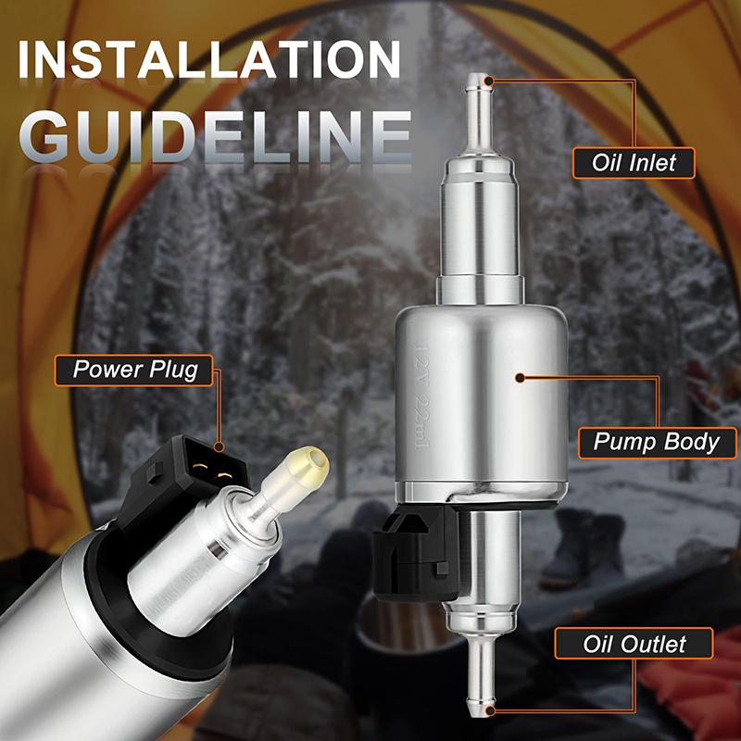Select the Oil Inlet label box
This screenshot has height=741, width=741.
point(634,163)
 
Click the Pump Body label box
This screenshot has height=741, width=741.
point(656,441)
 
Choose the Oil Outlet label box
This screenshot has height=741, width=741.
point(634,644)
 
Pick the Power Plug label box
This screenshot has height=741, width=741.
point(136,370)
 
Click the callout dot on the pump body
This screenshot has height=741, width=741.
point(520,378)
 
